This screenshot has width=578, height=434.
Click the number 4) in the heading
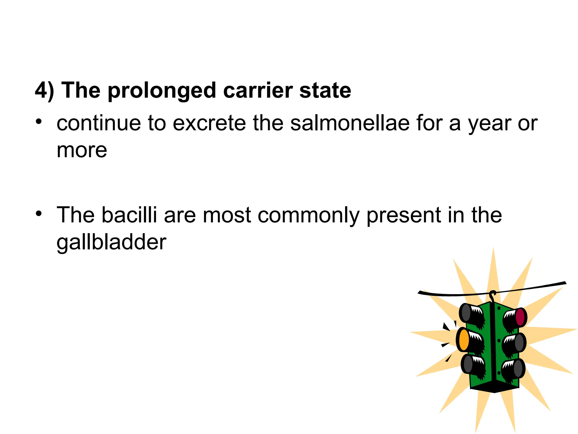(44, 91)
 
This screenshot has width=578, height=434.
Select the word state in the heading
(325, 91)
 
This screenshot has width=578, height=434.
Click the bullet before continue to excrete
(39, 122)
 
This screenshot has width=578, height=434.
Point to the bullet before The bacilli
(39, 214)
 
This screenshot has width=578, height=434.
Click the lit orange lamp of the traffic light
(463, 340)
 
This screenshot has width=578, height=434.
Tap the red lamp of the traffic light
(520, 317)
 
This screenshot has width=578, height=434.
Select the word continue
(98, 123)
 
